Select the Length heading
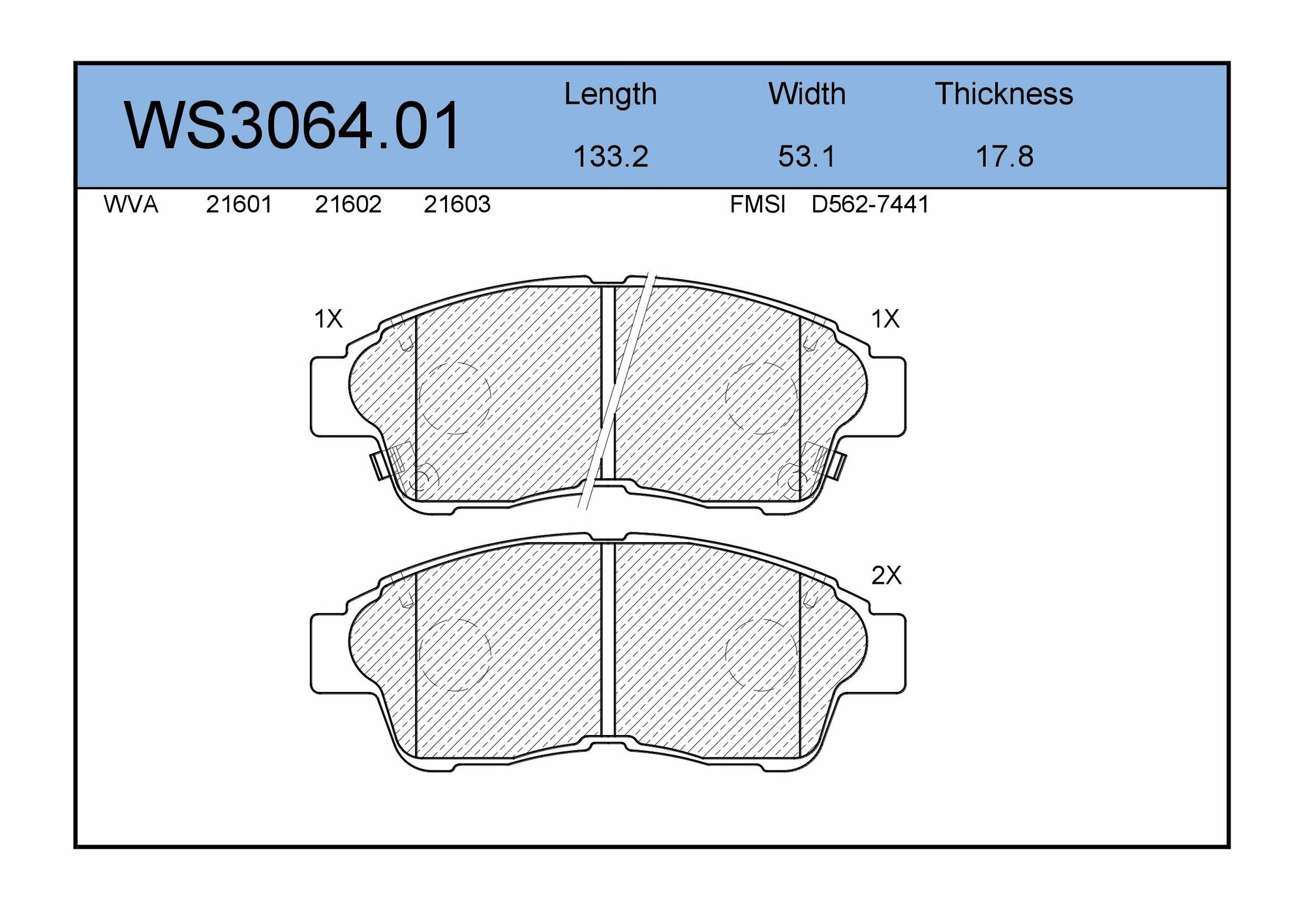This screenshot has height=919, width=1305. (610, 95)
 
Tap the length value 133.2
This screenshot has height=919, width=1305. (610, 157)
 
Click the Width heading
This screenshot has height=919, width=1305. (806, 94)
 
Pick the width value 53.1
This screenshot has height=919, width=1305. (806, 157)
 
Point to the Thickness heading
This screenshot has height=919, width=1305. (1004, 94)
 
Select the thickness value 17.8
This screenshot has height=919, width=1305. (1004, 157)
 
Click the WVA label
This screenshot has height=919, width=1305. (130, 205)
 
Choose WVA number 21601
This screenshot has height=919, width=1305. (239, 205)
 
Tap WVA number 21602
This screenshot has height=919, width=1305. (348, 205)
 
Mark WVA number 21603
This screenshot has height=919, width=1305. (457, 205)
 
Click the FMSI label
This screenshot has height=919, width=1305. (758, 205)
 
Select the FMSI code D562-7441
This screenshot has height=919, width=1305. (870, 205)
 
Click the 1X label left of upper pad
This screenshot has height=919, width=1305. (328, 319)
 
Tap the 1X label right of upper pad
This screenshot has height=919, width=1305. (885, 319)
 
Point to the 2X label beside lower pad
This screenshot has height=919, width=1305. (886, 575)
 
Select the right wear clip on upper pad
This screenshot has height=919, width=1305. (838, 465)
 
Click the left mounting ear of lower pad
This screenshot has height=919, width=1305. (328, 653)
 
